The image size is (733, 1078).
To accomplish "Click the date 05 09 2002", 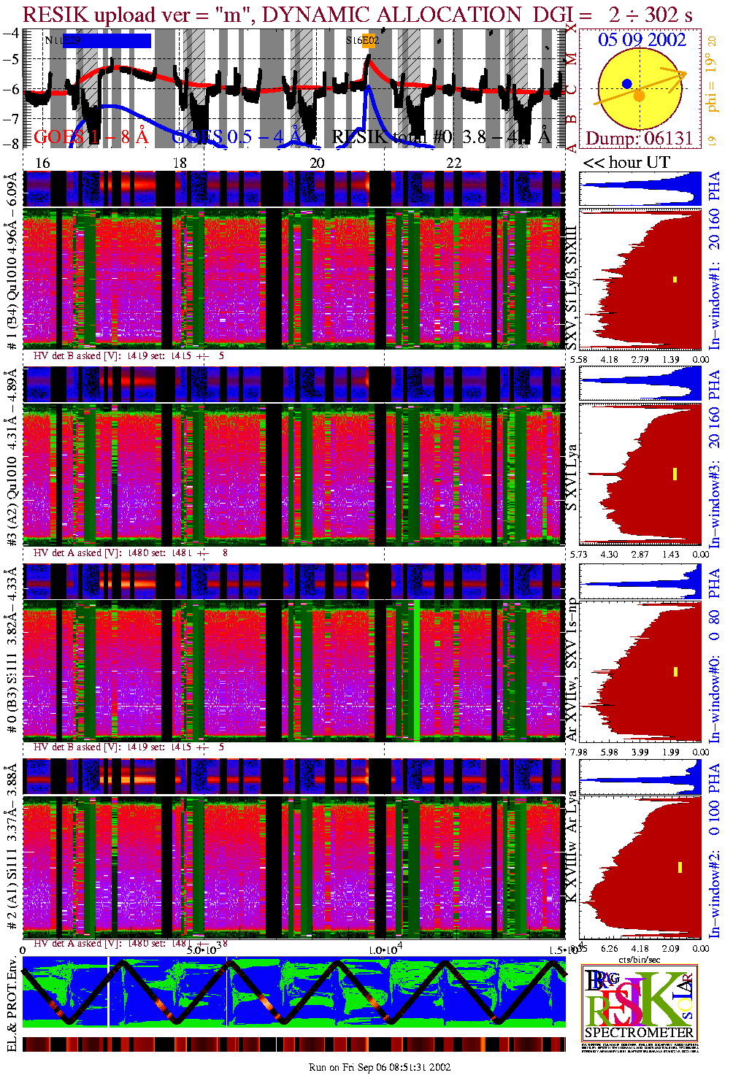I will coord(642,39).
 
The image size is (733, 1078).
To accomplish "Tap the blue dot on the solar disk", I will coord(627,84).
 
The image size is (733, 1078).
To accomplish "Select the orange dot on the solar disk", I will coord(639,96).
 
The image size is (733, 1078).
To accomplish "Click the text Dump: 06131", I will coord(639,138).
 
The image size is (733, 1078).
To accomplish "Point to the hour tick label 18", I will coord(180,163).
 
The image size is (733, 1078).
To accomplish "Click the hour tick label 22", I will coord(453,163).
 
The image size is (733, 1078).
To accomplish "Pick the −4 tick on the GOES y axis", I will coord(11,33).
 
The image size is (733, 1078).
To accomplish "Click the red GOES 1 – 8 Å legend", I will coord(91,136).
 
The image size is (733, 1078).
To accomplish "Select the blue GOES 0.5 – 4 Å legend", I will coord(237,136).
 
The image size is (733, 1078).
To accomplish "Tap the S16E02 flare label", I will coord(363,41).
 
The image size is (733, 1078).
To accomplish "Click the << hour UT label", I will coord(626,162).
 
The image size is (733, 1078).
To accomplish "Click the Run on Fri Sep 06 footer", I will coord(380,1067).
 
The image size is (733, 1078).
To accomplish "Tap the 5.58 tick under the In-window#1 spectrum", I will coord(579,359).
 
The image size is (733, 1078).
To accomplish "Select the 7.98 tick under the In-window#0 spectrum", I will coord(579,752).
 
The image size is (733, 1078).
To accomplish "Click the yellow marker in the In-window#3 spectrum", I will coord(675,474).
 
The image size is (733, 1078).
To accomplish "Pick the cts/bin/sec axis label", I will coord(640,958).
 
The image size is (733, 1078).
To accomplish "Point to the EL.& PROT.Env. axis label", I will coord(11,1003).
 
